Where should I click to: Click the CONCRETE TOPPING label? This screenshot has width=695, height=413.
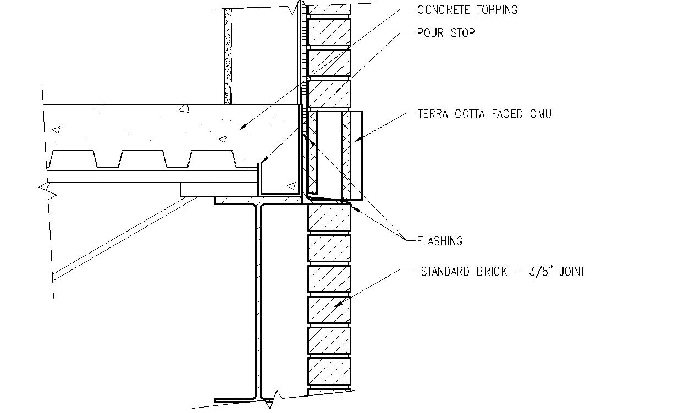(x=467, y=10)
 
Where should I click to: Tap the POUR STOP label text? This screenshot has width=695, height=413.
(x=446, y=33)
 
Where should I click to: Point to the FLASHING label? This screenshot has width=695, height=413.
(x=440, y=241)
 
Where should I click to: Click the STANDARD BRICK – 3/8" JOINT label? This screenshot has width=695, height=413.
(x=503, y=271)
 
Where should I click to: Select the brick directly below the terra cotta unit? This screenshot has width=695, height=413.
(x=329, y=217)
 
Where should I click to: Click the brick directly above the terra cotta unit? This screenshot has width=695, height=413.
(x=329, y=94)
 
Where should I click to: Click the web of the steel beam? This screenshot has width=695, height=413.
(x=257, y=302)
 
